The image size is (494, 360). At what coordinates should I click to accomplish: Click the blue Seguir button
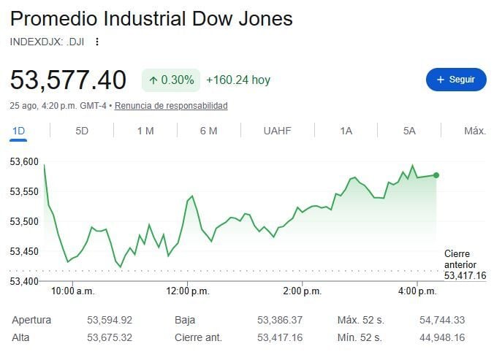point(456,80)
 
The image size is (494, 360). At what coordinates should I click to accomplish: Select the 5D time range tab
point(82,131)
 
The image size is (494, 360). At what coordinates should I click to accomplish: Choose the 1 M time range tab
point(145,131)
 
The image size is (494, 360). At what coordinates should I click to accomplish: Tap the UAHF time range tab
point(277,131)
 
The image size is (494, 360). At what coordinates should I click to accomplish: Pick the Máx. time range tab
point(475,131)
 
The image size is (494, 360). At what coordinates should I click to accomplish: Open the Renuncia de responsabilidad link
point(171,106)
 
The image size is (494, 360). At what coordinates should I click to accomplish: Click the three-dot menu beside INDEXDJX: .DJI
point(97,42)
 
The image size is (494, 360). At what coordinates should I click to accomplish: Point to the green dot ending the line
point(436,175)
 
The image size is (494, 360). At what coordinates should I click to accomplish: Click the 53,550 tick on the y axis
point(24,191)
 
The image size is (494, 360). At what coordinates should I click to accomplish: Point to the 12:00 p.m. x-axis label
point(188,291)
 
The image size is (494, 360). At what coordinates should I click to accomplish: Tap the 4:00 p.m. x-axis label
point(417,291)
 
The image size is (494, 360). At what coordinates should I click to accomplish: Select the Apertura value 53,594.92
point(110,320)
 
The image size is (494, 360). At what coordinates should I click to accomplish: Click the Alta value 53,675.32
point(110,337)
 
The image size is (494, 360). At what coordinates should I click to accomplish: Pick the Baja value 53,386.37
point(280,320)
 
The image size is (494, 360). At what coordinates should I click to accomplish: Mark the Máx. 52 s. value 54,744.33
point(442,320)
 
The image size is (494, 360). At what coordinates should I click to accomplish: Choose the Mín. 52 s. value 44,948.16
point(442,337)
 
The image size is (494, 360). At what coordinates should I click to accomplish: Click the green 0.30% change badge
point(171,80)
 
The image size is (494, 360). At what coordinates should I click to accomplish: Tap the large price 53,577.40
point(68,80)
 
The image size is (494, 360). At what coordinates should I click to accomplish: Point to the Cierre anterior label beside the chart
point(460,259)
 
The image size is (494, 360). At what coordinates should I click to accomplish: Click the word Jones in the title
point(265,18)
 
